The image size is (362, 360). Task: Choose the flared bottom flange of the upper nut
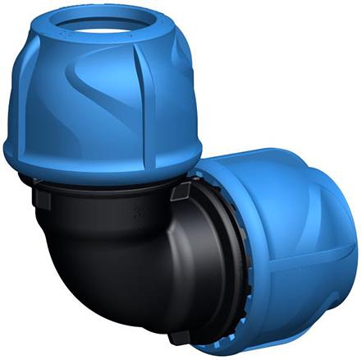pos(103,160)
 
